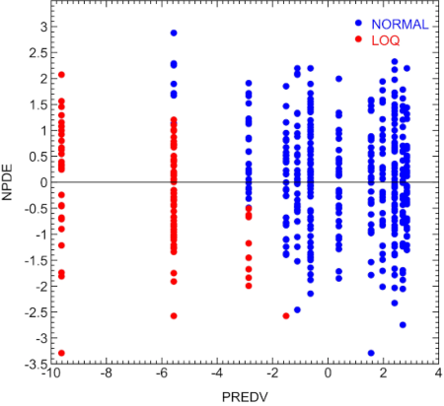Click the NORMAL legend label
click(399, 23)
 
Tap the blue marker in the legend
click(360, 23)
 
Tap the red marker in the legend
click(360, 38)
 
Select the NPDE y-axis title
click(9, 182)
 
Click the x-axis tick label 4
click(435, 373)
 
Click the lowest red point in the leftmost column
click(61, 353)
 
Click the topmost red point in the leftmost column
click(61, 74)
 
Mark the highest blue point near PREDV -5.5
click(174, 33)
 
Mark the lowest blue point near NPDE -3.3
click(371, 353)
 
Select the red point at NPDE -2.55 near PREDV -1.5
click(286, 315)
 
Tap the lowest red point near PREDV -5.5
click(174, 315)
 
